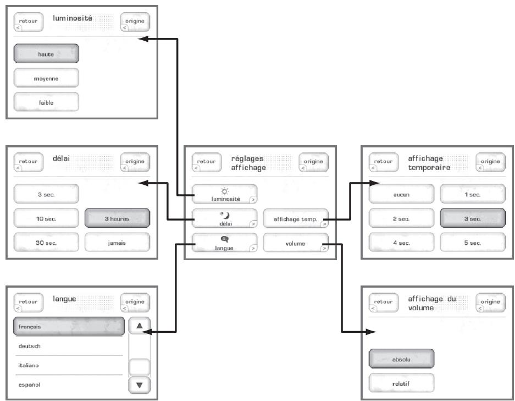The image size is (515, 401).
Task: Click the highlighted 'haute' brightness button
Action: click(x=46, y=53)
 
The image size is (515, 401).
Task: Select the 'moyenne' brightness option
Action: click(x=46, y=78)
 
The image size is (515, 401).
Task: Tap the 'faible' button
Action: click(x=46, y=102)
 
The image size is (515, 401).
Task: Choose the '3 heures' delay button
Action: click(x=117, y=218)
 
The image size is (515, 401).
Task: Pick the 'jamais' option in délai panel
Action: click(x=117, y=242)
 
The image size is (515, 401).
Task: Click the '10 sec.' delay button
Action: click(x=46, y=218)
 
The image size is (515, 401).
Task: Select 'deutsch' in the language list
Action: click(x=30, y=346)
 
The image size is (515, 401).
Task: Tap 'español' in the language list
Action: click(x=29, y=384)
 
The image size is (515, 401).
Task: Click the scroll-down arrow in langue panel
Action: click(x=140, y=385)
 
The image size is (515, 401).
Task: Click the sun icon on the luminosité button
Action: click(x=225, y=191)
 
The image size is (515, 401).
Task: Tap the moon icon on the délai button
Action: click(x=225, y=215)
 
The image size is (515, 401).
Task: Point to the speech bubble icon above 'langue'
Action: click(x=225, y=239)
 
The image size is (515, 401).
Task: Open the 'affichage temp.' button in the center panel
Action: click(x=296, y=218)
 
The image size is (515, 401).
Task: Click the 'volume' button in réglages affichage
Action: click(x=296, y=243)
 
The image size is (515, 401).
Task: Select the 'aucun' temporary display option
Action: click(x=401, y=194)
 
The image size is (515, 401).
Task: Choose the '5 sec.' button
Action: click(x=473, y=242)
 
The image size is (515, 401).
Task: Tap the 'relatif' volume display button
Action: click(x=401, y=383)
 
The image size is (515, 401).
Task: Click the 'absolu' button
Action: click(x=401, y=359)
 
